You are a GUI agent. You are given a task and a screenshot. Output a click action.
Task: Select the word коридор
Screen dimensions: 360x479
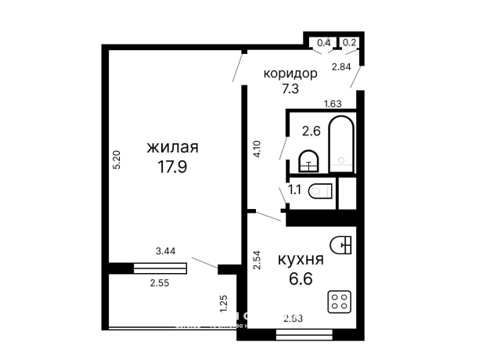click(290, 74)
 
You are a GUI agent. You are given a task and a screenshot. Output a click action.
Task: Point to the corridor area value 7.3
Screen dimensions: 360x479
click(290, 88)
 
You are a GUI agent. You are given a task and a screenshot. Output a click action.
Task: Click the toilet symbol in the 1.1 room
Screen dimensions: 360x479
click(319, 190)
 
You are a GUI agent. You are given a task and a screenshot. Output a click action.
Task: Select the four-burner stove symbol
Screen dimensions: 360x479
click(340, 303)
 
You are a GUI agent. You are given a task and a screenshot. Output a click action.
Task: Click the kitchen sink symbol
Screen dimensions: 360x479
click(342, 246)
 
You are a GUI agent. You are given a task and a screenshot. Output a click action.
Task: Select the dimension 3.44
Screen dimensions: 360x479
click(165, 251)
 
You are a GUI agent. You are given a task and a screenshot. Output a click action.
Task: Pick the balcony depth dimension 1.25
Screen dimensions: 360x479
click(224, 298)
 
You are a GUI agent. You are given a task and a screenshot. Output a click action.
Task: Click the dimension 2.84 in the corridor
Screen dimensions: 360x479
click(340, 67)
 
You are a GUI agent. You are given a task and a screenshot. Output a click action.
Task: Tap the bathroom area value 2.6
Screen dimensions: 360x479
click(311, 131)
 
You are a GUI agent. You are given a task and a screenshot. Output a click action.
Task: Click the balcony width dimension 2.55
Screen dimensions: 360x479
click(160, 282)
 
